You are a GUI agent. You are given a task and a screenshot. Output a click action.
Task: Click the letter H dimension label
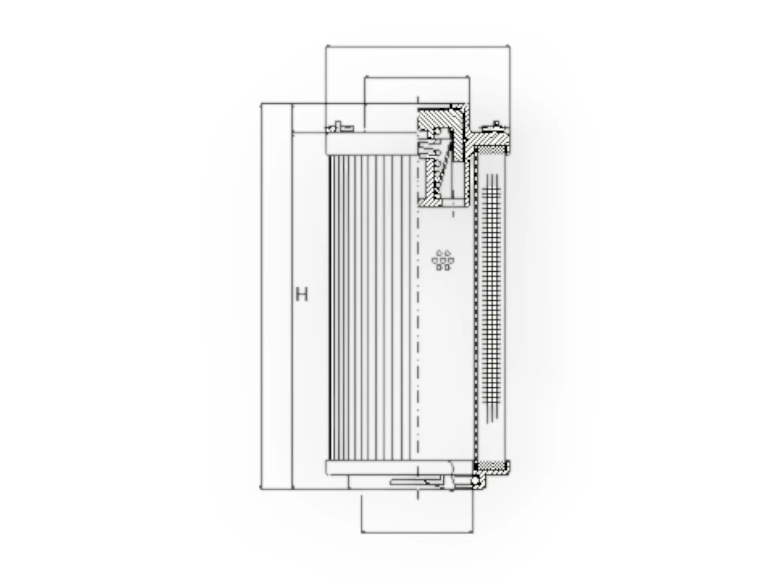point(302,294)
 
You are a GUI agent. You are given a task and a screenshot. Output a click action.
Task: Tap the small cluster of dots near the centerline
point(443,260)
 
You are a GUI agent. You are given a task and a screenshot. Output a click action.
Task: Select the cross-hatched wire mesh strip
point(492,297)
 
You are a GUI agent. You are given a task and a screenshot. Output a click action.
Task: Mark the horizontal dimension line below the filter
point(417,532)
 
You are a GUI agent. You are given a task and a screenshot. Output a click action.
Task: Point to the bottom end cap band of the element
point(389,468)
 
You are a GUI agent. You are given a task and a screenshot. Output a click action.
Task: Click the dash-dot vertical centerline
point(418,321)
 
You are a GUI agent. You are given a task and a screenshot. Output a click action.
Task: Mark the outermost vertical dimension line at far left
point(261,297)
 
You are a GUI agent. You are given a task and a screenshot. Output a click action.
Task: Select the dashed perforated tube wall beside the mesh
point(475,305)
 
